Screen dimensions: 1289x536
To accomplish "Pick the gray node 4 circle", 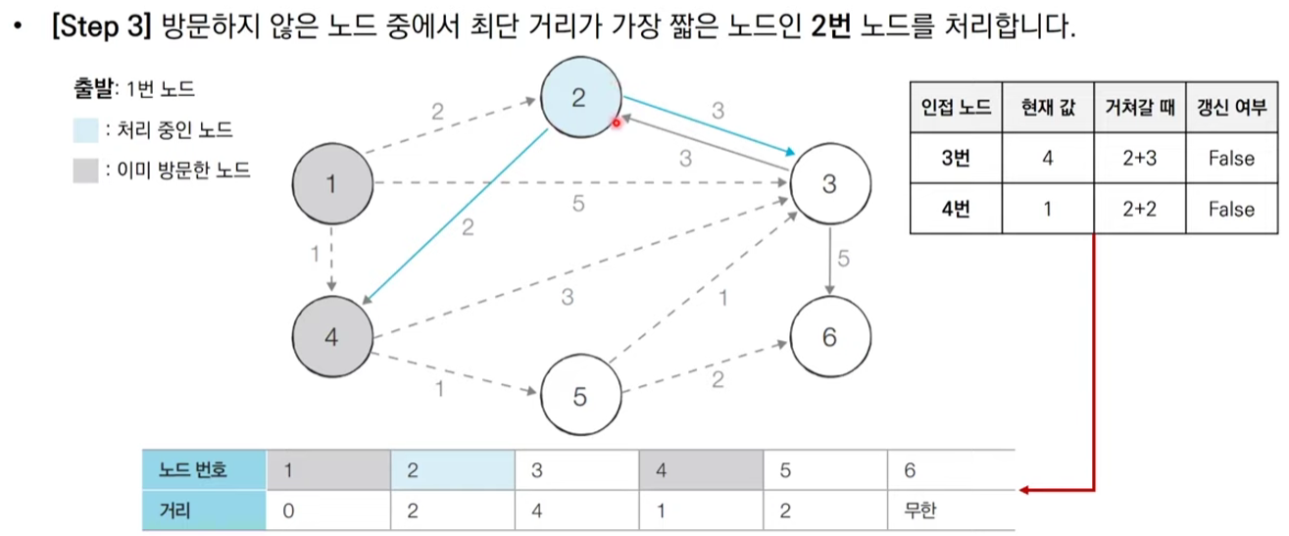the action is (x=332, y=336).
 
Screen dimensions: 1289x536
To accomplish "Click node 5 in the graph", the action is (x=579, y=396).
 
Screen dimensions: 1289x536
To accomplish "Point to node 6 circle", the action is (x=829, y=336).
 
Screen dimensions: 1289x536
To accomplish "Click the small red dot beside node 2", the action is (x=618, y=122).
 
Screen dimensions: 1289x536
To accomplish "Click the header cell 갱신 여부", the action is (x=1231, y=108).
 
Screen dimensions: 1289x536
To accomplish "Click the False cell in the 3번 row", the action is (x=1231, y=158).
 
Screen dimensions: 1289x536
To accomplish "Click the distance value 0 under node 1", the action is (x=288, y=511).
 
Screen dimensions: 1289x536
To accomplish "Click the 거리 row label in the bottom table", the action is (x=175, y=511).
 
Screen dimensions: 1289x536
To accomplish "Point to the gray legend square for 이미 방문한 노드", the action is (x=86, y=171).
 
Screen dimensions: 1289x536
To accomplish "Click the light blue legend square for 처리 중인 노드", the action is (x=86, y=130).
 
